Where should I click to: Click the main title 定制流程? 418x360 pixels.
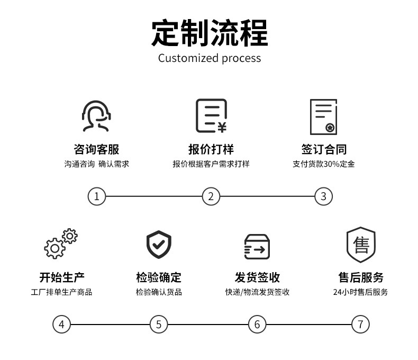(x=210, y=33)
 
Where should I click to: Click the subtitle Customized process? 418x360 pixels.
(x=210, y=58)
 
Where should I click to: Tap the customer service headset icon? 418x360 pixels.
(x=96, y=116)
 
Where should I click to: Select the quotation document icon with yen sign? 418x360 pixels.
(x=211, y=116)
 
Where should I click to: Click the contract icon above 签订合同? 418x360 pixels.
(x=323, y=116)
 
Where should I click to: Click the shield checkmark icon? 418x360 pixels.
(x=159, y=244)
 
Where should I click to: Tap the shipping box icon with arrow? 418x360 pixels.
(x=257, y=246)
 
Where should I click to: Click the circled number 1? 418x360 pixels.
(x=96, y=196)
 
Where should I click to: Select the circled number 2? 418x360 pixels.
(x=211, y=196)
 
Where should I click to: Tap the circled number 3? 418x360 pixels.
(x=323, y=196)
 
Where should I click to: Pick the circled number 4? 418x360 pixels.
(x=61, y=324)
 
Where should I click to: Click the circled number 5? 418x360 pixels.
(x=159, y=324)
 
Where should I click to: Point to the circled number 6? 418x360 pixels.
(x=257, y=324)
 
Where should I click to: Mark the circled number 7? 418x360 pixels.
(x=360, y=324)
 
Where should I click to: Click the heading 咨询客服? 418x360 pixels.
(x=96, y=149)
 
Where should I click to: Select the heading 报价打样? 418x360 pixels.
(x=211, y=149)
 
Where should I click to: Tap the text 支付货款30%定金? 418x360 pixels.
(x=323, y=164)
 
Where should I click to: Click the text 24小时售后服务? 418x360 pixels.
(x=360, y=292)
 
